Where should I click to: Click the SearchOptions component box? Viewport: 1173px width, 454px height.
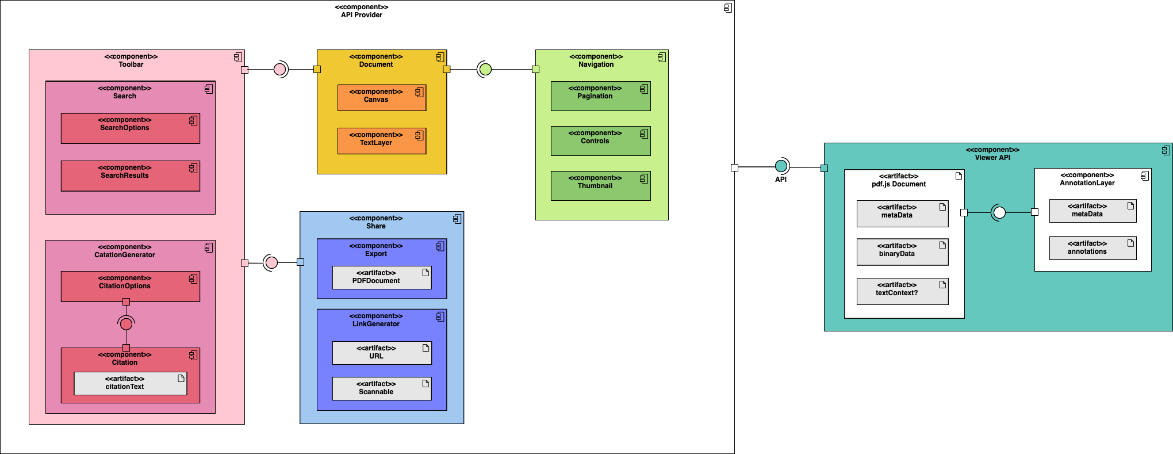click(x=131, y=128)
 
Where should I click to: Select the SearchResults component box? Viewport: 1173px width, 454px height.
click(x=131, y=176)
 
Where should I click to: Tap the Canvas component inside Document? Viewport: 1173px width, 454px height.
click(x=382, y=98)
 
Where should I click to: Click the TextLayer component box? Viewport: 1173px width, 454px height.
click(x=382, y=141)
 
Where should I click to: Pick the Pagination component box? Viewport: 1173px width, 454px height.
click(x=600, y=96)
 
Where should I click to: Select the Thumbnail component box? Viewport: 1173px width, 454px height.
click(x=600, y=186)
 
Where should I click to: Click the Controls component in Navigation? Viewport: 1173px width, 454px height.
click(x=600, y=141)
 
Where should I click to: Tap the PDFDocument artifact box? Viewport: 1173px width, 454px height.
click(x=382, y=277)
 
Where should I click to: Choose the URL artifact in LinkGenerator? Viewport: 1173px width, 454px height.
click(x=382, y=353)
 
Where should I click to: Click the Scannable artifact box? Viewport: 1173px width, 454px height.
click(x=382, y=388)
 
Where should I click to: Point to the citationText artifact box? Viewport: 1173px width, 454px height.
click(x=131, y=383)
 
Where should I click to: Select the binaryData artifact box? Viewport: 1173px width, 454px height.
click(x=902, y=252)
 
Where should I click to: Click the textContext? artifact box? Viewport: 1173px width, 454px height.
click(x=902, y=291)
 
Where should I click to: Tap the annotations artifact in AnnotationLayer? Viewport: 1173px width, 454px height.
click(x=1092, y=248)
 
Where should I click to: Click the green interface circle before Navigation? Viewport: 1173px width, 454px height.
click(x=485, y=70)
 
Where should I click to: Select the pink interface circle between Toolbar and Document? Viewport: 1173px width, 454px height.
click(x=280, y=70)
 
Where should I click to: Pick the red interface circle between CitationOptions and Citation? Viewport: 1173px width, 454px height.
click(x=126, y=324)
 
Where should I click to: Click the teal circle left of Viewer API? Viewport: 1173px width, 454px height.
click(x=781, y=166)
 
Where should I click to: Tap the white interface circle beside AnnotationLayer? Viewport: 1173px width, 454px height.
click(x=999, y=213)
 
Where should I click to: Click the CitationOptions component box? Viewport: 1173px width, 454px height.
click(x=131, y=287)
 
